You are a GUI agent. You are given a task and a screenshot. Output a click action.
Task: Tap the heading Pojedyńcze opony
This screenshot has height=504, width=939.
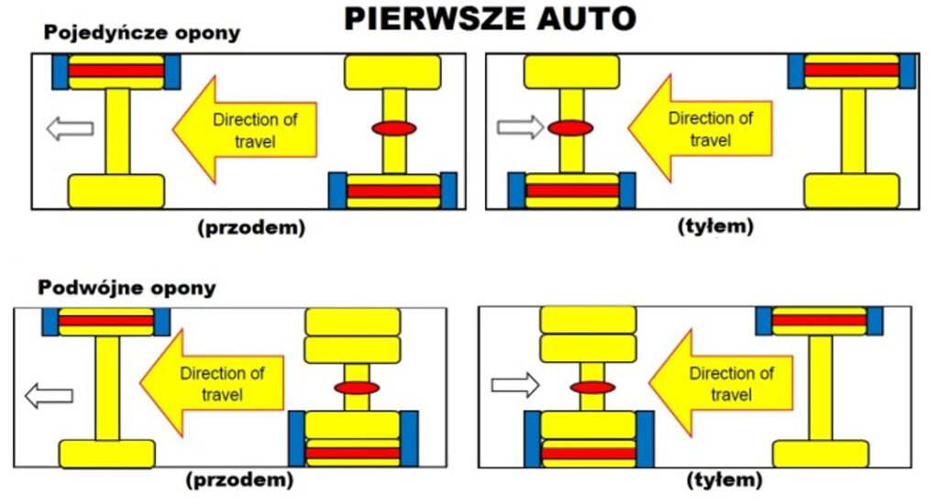click(141, 34)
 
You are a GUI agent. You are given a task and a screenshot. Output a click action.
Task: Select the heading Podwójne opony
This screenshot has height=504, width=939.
click(127, 289)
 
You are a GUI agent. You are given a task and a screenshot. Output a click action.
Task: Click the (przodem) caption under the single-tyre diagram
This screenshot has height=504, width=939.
click(250, 228)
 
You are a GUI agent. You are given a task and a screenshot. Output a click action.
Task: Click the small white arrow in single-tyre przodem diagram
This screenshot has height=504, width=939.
click(70, 129)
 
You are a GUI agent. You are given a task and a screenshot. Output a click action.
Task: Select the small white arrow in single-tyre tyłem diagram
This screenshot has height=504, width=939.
click(520, 127)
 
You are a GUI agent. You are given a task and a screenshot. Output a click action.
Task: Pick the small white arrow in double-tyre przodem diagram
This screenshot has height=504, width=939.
click(48, 396)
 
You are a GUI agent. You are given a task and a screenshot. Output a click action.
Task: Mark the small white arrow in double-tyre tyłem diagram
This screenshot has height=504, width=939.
click(514, 385)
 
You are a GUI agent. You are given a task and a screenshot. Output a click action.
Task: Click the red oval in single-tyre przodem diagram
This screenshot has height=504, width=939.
click(394, 128)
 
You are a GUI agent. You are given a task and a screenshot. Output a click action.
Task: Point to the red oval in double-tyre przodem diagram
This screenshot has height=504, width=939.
click(357, 388)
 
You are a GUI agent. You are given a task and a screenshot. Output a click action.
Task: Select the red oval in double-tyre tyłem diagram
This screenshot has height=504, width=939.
click(592, 387)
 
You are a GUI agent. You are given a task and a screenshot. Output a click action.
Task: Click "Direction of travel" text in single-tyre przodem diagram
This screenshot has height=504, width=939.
click(254, 130)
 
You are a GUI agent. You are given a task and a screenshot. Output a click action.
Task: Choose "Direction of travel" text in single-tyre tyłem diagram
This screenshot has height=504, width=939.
click(710, 129)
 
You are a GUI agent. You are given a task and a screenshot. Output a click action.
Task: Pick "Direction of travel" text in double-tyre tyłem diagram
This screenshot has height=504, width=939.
click(731, 384)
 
